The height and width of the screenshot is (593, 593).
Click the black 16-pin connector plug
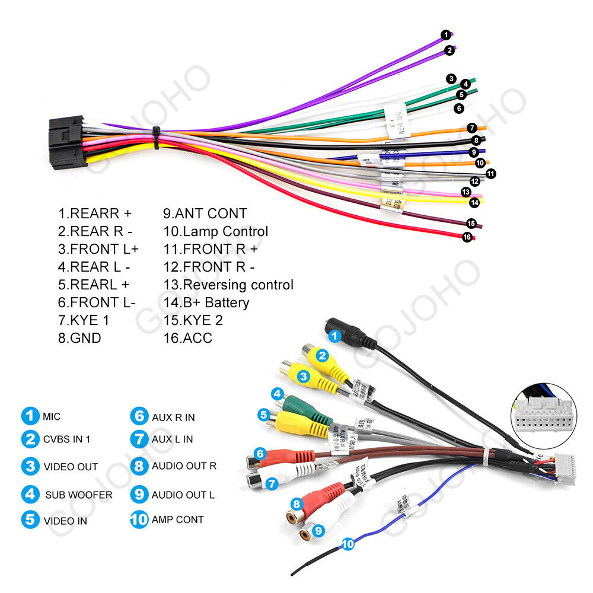click(x=66, y=142)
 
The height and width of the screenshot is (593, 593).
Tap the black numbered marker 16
click(x=467, y=237)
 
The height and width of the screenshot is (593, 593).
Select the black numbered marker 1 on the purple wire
click(x=445, y=35)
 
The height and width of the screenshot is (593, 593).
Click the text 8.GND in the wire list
click(x=79, y=338)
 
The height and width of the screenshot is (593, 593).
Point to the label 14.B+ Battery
click(x=206, y=302)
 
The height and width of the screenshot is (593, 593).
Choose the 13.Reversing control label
click(x=228, y=285)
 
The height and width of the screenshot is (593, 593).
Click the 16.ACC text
click(x=187, y=338)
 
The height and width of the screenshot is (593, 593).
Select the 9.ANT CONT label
click(x=205, y=213)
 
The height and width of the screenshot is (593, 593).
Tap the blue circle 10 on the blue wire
click(x=348, y=543)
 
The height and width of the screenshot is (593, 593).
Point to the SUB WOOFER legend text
click(x=78, y=495)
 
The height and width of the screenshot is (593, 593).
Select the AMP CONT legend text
click(x=177, y=519)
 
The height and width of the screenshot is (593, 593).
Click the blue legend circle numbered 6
click(x=139, y=416)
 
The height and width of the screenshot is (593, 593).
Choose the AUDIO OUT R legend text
click(x=184, y=466)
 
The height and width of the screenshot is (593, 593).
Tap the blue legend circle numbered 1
click(x=30, y=416)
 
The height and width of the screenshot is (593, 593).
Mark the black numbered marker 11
click(x=491, y=174)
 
